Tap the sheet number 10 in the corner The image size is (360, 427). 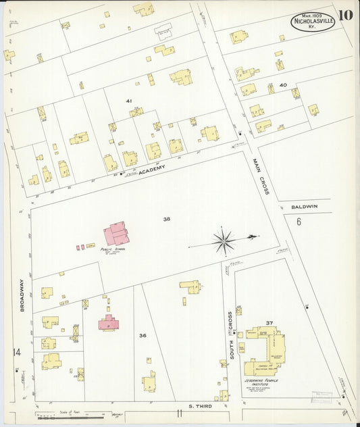[345, 15]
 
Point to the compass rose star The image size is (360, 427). [223, 241]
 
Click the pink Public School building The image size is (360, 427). [116, 234]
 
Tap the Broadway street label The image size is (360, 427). [22, 296]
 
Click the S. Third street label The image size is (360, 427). [201, 406]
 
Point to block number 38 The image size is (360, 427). [166, 219]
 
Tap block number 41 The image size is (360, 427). [128, 100]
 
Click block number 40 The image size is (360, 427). [283, 85]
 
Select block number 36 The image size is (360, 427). [143, 335]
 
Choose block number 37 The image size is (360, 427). [269, 323]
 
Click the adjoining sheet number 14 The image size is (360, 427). [16, 352]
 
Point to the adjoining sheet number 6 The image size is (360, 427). [298, 222]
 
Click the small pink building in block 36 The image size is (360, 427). [108, 322]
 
